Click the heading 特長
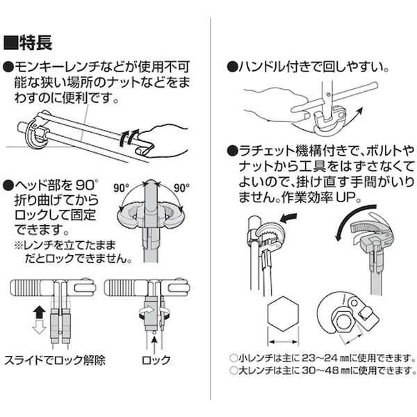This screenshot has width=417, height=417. pyautogui.click(x=35, y=42)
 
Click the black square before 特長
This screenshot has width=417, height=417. pyautogui.click(x=10, y=43)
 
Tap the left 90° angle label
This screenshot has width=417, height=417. pyautogui.click(x=121, y=188)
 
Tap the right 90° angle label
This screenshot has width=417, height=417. pyautogui.click(x=181, y=188)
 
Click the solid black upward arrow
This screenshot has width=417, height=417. pyautogui.click(x=39, y=312)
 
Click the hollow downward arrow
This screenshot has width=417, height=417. pyautogui.click(x=39, y=327)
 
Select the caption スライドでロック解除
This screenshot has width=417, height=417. pyautogui.click(x=55, y=360)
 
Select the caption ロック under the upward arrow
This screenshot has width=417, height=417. pyautogui.click(x=156, y=360)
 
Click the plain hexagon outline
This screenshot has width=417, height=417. pyautogui.click(x=283, y=314)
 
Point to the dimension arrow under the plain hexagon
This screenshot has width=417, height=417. pyautogui.click(x=283, y=342)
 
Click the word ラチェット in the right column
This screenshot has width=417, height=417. pyautogui.click(x=268, y=151)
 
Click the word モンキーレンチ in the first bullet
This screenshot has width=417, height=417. pyautogui.click(x=58, y=67)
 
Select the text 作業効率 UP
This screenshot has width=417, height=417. pyautogui.click(x=320, y=197)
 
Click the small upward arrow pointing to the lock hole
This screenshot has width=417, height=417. pyautogui.click(x=154, y=343)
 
